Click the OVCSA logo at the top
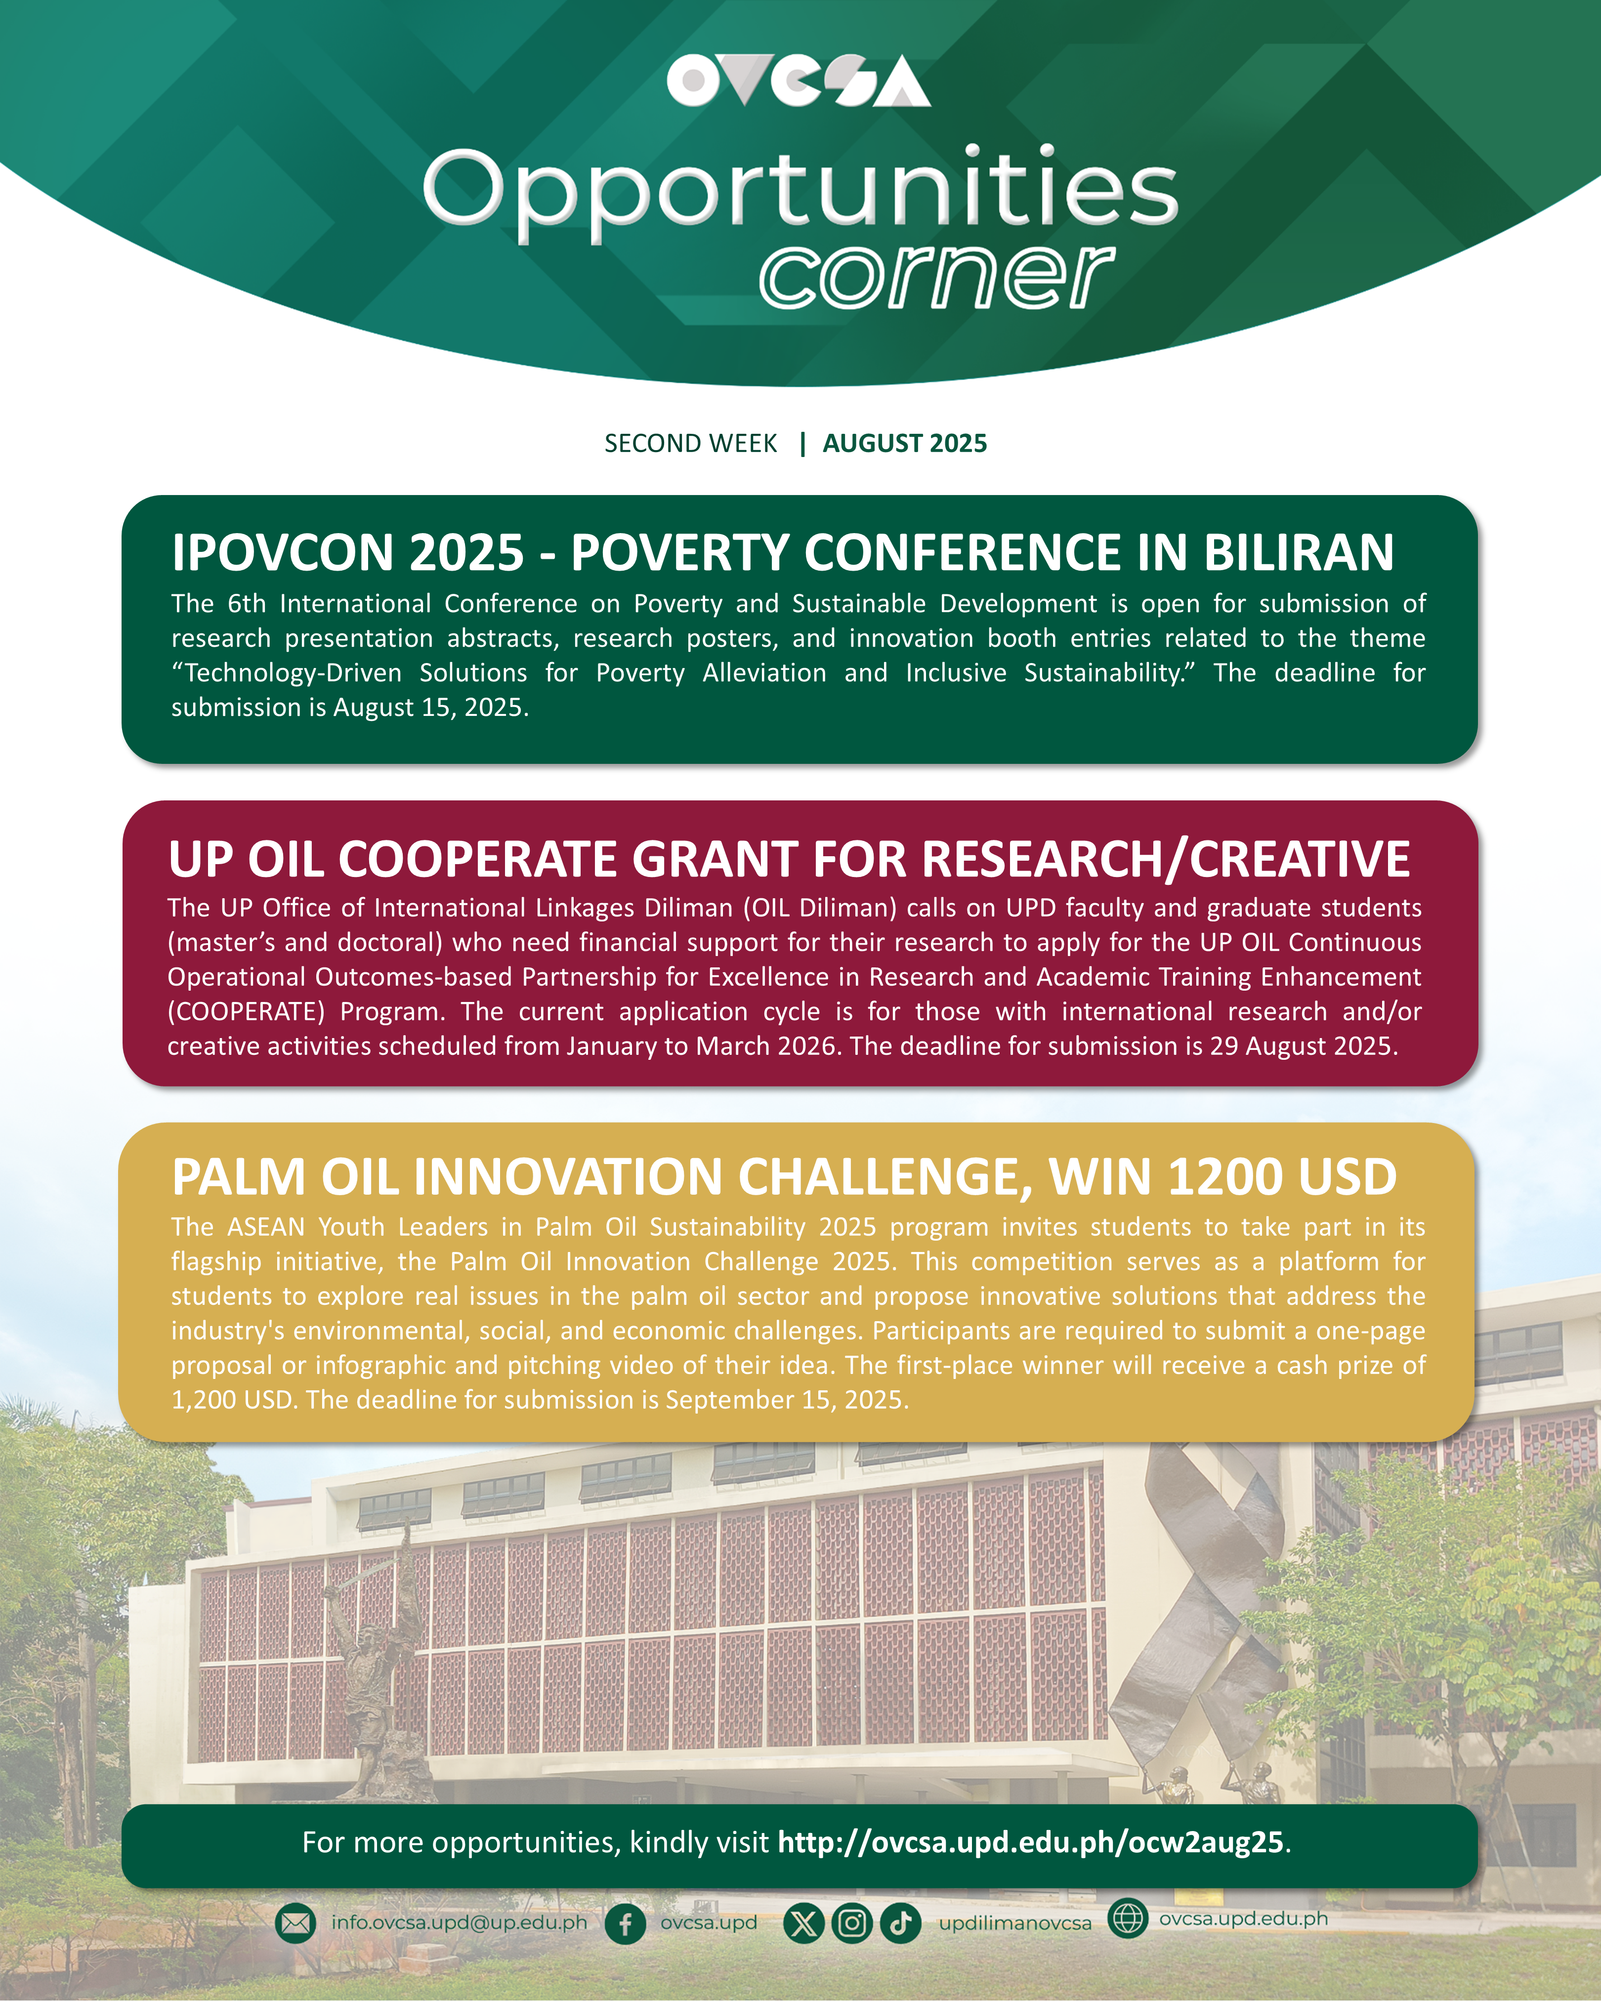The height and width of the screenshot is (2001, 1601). [798, 81]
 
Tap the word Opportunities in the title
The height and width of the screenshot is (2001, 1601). [800, 193]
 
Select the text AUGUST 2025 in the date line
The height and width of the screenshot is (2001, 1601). [905, 444]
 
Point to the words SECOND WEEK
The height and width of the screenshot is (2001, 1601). [690, 444]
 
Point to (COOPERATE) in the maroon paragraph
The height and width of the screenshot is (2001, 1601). [246, 1012]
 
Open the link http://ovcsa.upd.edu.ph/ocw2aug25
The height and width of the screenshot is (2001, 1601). [1030, 1842]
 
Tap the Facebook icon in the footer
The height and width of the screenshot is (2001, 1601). [626, 1923]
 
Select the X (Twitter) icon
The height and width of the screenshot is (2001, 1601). [804, 1923]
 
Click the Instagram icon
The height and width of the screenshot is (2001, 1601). [852, 1923]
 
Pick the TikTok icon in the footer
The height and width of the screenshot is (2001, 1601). [900, 1923]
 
